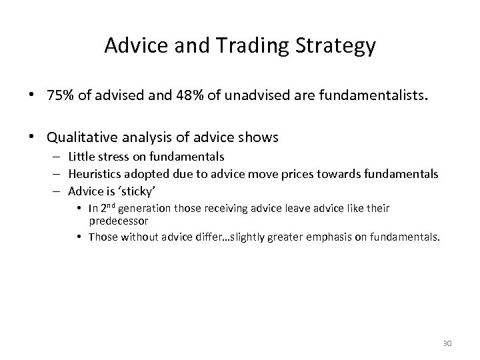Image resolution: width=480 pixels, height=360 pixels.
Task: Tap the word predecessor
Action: [x=119, y=221]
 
